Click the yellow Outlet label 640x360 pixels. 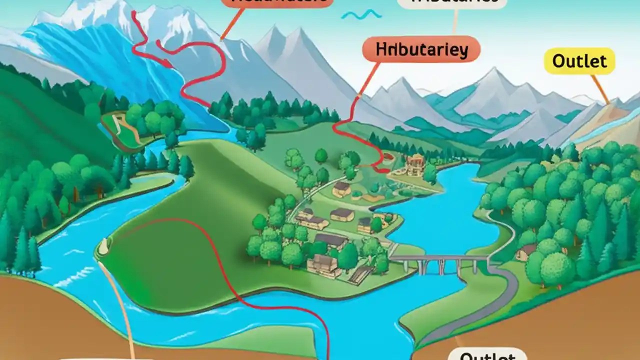pyautogui.click(x=579, y=61)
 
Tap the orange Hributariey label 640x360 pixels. pyautogui.click(x=421, y=50)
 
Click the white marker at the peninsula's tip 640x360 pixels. pyautogui.click(x=104, y=245)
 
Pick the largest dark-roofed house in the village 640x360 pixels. pyautogui.click(x=330, y=240)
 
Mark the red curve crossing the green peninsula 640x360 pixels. pyautogui.click(x=210, y=250)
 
